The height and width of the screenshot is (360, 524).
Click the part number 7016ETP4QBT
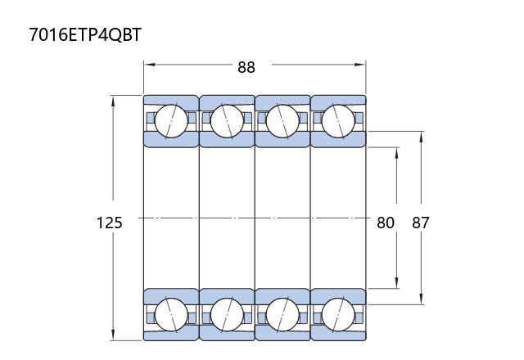click(85, 34)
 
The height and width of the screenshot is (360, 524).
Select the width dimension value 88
click(246, 67)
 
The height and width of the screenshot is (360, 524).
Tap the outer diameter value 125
click(109, 223)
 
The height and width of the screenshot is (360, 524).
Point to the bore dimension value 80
click(386, 223)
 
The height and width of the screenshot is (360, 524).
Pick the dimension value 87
click(420, 223)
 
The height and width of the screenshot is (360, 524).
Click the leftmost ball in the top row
click(171, 121)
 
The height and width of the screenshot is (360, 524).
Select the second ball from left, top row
click(227, 121)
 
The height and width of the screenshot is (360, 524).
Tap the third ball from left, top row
click(282, 121)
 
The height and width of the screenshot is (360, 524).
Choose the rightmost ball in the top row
click(338, 121)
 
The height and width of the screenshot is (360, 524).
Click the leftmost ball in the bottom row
click(171, 315)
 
